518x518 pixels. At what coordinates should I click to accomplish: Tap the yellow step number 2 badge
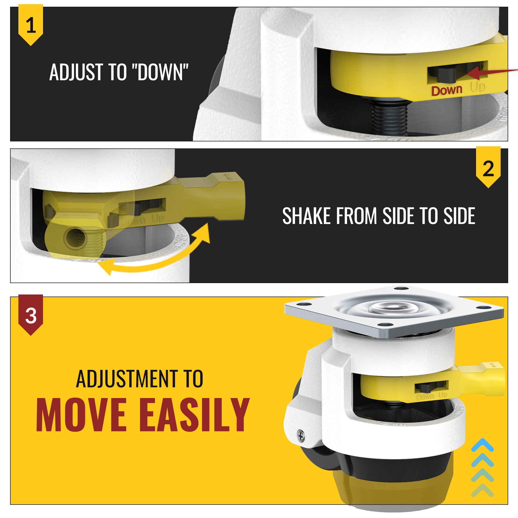[488, 167]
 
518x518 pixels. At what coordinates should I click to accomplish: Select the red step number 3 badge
[31, 315]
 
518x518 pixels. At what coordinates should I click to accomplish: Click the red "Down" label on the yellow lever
[447, 90]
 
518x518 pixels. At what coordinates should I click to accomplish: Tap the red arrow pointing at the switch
[492, 72]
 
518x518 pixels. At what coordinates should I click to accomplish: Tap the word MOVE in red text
[81, 415]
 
